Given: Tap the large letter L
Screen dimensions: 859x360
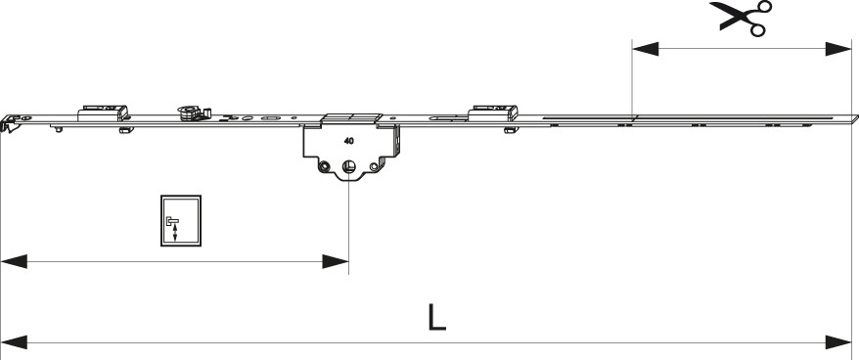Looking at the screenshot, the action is pos(436,318).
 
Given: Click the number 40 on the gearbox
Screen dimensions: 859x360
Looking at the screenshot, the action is pos(348,141).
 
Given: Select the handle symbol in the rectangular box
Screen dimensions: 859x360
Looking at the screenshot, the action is pos(172,227).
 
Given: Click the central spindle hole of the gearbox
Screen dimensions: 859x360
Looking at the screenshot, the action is pos(348,166).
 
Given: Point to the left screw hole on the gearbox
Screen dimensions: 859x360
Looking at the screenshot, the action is pos(325,165).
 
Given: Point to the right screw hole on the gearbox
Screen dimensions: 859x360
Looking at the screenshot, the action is pos(374,166).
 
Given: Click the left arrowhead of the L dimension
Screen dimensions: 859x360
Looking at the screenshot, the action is pos(14,343).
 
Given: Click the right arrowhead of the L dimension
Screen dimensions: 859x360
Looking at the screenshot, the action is pos(837,343).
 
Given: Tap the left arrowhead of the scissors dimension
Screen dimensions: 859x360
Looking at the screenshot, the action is pos(646,48).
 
